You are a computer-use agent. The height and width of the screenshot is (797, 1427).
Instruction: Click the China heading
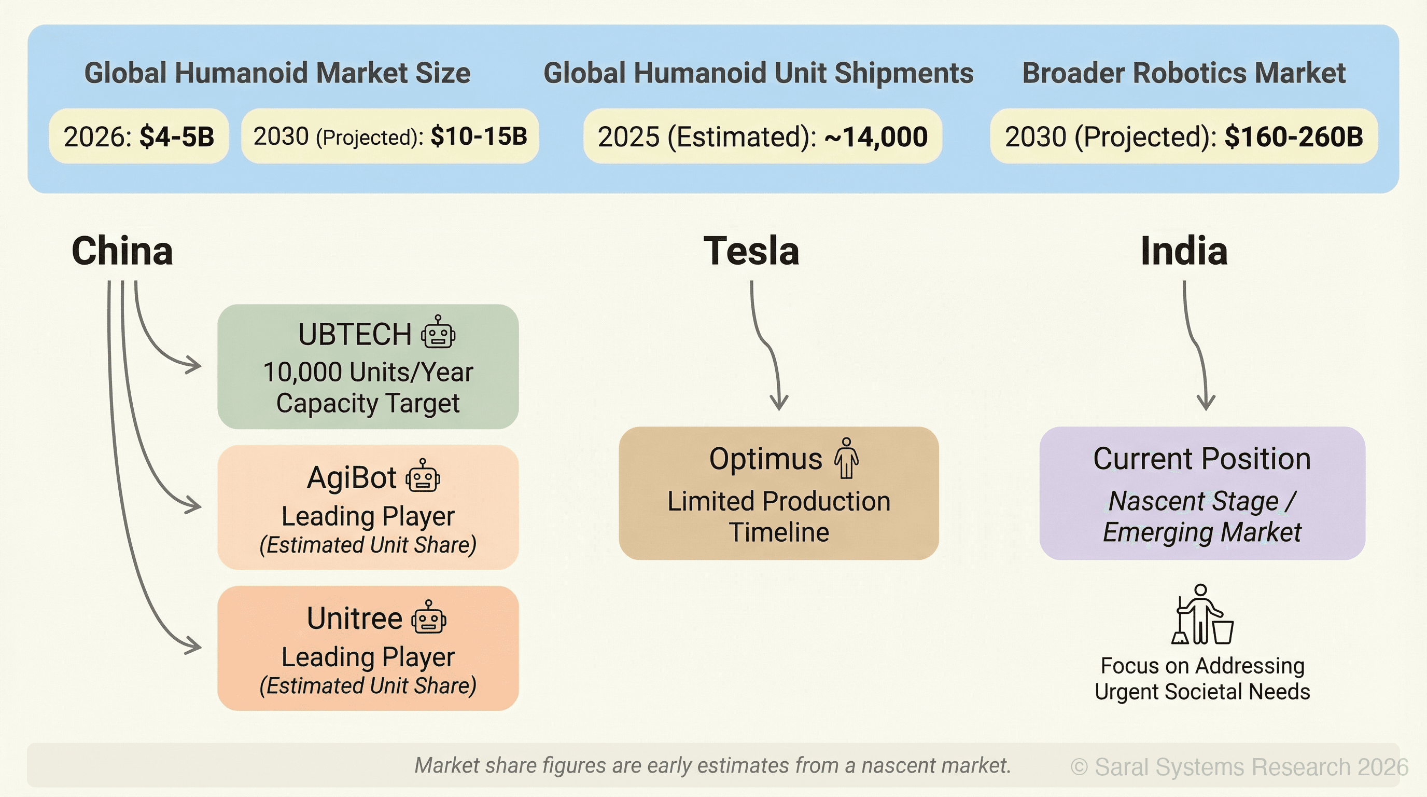(x=122, y=251)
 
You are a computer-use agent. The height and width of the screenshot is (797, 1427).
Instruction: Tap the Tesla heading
(x=751, y=251)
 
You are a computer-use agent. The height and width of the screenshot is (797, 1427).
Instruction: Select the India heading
(x=1184, y=251)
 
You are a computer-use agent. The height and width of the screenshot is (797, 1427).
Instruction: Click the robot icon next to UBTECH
(x=438, y=333)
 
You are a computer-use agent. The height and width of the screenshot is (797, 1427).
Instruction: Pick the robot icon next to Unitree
(x=429, y=617)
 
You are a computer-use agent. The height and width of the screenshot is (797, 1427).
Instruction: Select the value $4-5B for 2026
(x=177, y=137)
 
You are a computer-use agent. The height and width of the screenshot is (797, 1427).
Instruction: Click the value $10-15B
(x=479, y=136)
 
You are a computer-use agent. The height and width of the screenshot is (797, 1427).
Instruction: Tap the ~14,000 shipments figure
(x=876, y=137)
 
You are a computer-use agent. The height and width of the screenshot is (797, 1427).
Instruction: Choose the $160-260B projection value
(x=1294, y=137)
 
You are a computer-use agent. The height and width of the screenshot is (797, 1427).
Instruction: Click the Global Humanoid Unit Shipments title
(x=758, y=73)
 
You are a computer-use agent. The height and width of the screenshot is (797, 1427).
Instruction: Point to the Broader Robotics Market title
(x=1184, y=73)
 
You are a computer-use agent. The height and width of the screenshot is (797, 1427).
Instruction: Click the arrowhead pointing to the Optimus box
(x=779, y=403)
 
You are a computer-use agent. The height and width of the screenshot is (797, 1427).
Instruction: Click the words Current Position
(x=1201, y=459)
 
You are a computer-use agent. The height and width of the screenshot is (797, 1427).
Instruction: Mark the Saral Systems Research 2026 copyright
(x=1239, y=767)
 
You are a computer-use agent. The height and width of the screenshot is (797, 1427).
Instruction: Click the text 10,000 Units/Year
(x=368, y=372)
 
